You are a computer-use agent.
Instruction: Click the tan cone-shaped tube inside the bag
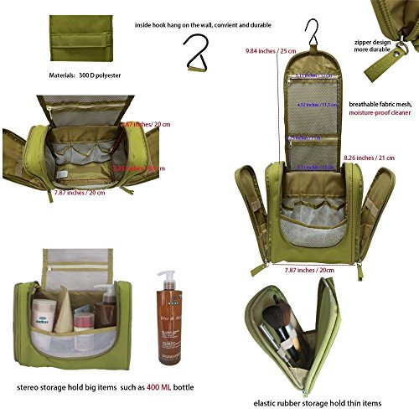point(65,299)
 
